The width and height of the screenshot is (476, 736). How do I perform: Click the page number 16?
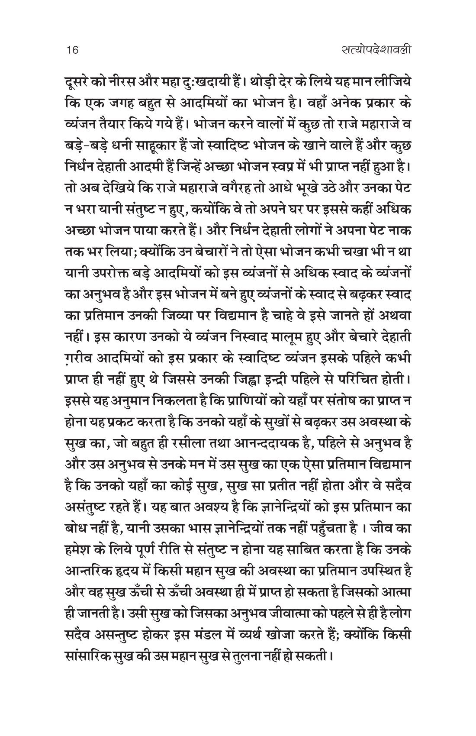click(70, 50)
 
